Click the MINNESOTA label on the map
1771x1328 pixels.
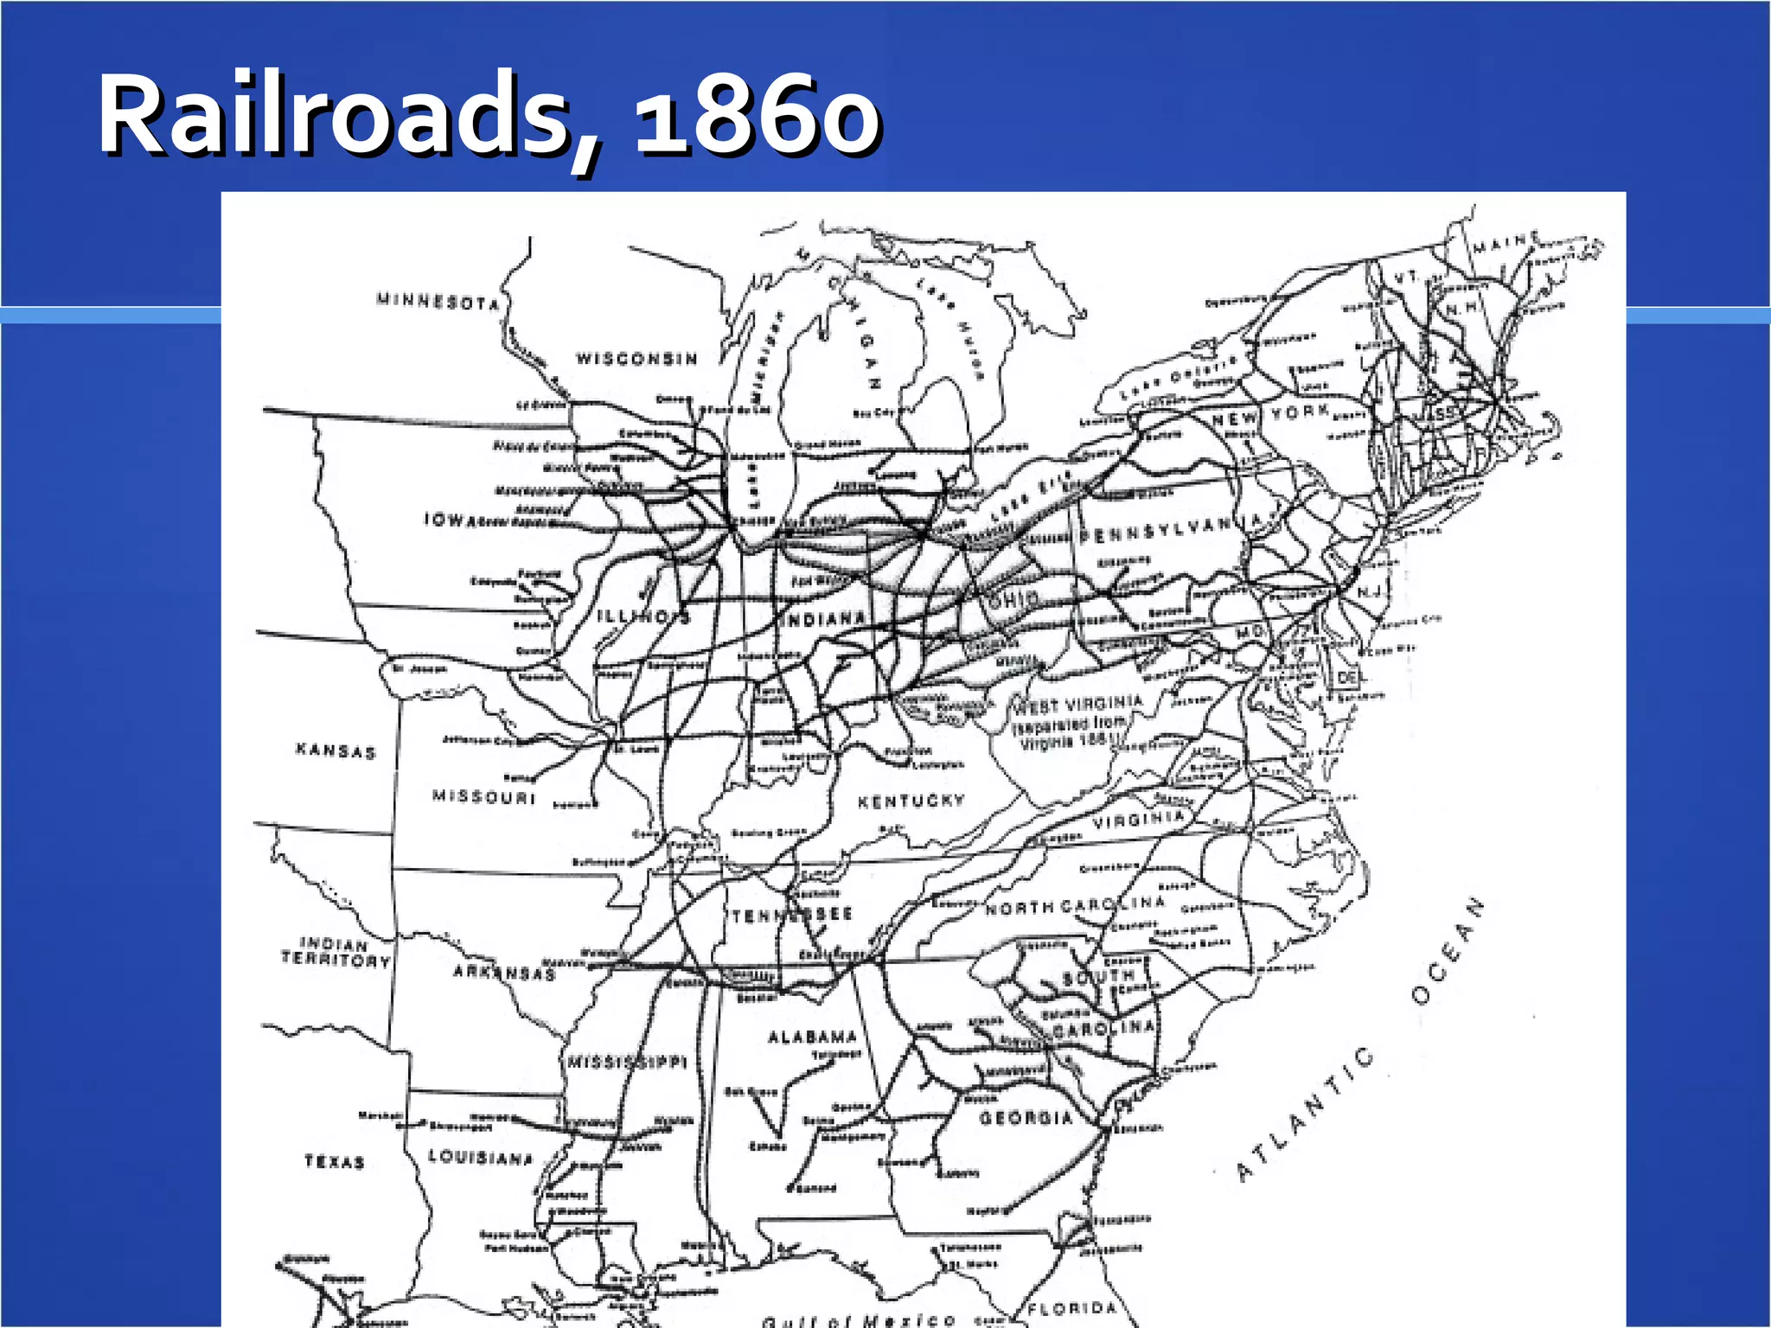(x=438, y=302)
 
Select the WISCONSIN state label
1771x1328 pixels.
(x=636, y=359)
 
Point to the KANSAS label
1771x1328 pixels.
(x=336, y=750)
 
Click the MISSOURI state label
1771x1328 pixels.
(x=484, y=796)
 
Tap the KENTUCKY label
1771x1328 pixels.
(x=911, y=801)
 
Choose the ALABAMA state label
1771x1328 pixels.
(x=812, y=1037)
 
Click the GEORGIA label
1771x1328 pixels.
(x=1026, y=1118)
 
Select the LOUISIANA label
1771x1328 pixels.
(x=481, y=1157)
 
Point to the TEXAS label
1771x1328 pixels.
(x=335, y=1161)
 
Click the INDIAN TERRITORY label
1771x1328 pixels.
(x=336, y=952)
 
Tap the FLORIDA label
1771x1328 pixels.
(x=1072, y=1309)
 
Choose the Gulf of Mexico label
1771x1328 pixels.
(x=859, y=1320)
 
